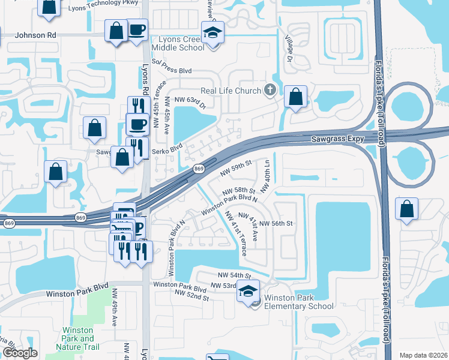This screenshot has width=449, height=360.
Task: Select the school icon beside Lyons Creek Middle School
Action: pyautogui.click(x=212, y=33)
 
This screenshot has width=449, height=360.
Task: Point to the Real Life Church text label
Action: pyautogui.click(x=231, y=91)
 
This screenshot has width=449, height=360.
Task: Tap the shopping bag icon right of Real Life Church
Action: pyautogui.click(x=295, y=97)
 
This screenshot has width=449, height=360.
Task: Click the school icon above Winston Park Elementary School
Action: pyautogui.click(x=247, y=291)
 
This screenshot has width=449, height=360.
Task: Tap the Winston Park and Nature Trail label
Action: pyautogui.click(x=77, y=338)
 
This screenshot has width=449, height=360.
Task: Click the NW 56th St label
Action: pyautogui.click(x=276, y=223)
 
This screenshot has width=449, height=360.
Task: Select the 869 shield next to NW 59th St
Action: pyautogui.click(x=199, y=169)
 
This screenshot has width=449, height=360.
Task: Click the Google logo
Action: pyautogui.click(x=20, y=353)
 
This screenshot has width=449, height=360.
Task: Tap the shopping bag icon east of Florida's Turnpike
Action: pyautogui.click(x=407, y=209)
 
